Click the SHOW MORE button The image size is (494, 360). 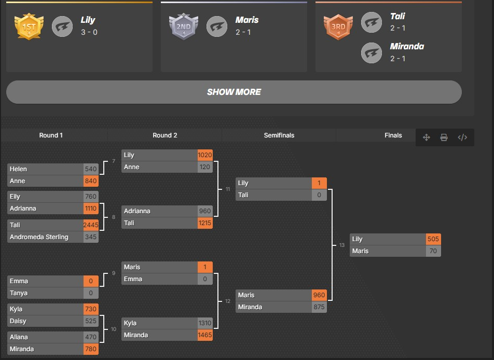click(234, 92)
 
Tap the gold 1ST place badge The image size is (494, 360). click(29, 27)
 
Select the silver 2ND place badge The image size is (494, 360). click(184, 27)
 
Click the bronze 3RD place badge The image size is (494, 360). click(338, 27)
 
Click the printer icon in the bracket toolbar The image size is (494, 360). click(444, 137)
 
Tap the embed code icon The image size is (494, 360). click(462, 137)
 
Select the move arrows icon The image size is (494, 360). click(426, 137)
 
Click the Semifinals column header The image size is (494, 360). click(279, 135)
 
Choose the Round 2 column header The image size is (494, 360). click(165, 135)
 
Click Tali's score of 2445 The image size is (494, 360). click(91, 225)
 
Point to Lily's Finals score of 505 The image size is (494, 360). click(433, 239)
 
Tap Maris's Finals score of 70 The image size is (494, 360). click(433, 251)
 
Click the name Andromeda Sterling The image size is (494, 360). click(39, 237)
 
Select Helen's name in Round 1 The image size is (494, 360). click(18, 169)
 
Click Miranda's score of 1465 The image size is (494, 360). click(205, 335)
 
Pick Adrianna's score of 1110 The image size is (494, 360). click(91, 209)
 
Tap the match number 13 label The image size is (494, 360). click(342, 245)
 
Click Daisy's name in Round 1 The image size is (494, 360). click(18, 321)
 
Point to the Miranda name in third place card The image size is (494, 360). click(407, 46)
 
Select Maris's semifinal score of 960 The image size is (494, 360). click(319, 295)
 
